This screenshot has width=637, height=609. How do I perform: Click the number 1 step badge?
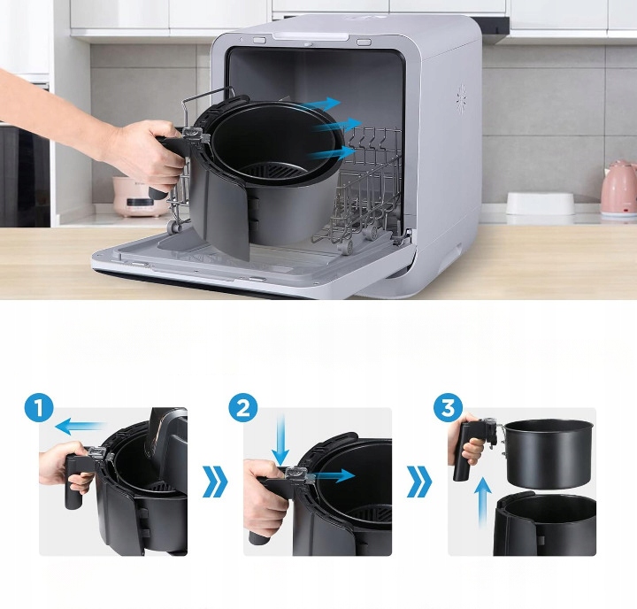coord(40,410)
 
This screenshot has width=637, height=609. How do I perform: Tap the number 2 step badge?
coord(245,410)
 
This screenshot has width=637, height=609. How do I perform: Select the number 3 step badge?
coord(449,410)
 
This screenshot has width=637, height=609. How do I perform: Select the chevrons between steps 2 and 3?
coord(419,483)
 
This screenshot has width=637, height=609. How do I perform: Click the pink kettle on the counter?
coord(618,189)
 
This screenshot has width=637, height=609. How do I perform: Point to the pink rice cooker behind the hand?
coord(137,196)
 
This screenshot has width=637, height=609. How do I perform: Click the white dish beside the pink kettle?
coord(541,204)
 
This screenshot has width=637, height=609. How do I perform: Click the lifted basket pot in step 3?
coord(547,451)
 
